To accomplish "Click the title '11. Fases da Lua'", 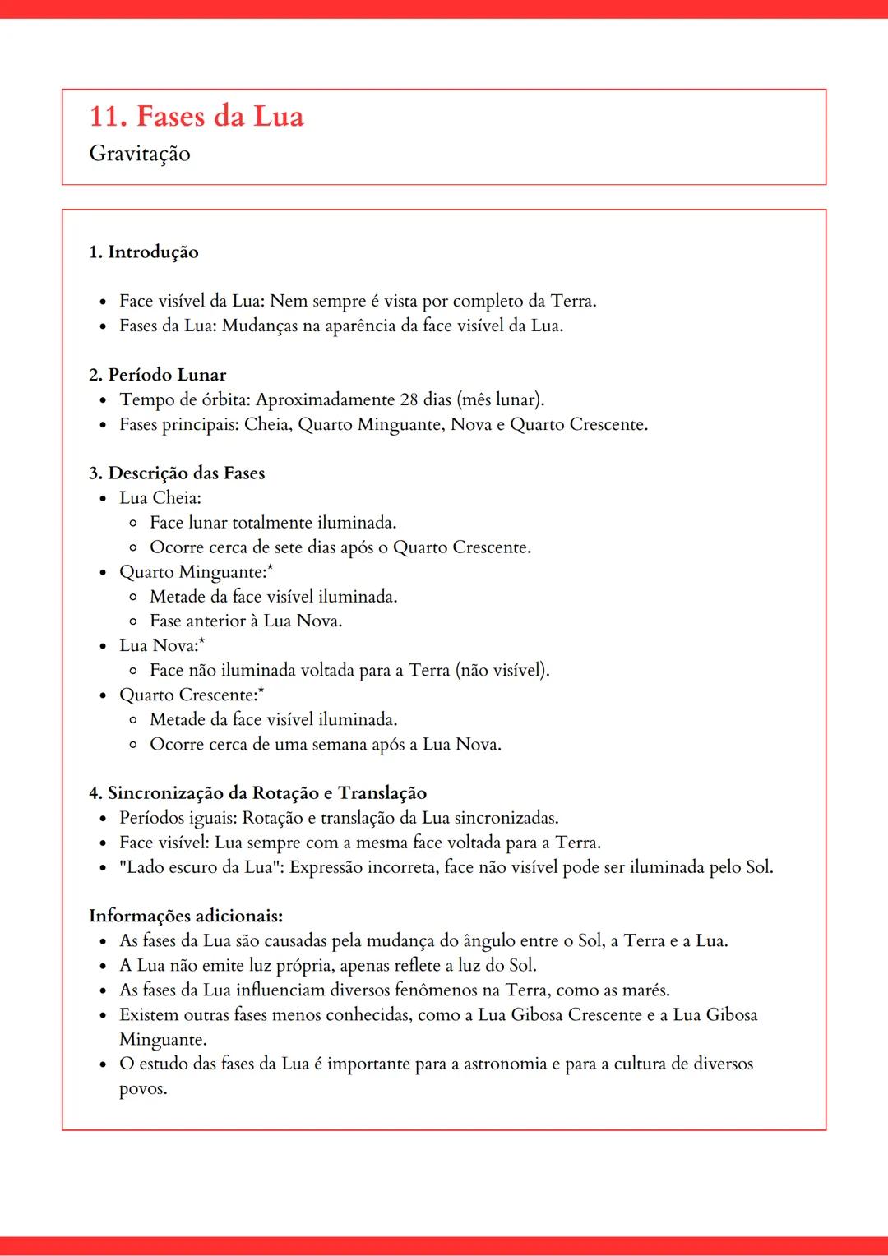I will point(197,116).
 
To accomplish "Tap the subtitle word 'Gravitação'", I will point(140,154).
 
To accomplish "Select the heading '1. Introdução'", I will point(144,252).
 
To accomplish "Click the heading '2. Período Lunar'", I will point(158,375).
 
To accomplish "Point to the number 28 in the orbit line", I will point(409,399).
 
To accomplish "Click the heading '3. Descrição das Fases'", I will point(177,473).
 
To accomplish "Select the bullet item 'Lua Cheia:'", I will point(160,498).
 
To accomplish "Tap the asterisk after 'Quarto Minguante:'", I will point(271,568).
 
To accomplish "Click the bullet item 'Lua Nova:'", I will point(160,646).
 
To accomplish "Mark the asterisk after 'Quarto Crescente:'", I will point(261,691).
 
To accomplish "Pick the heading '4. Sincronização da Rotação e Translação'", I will point(258,793).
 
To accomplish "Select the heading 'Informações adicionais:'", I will point(186,916).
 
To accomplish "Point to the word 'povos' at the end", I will point(142,1089).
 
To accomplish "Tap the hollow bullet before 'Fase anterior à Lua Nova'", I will point(133,621).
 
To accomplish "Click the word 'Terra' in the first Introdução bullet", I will point(572,301).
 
